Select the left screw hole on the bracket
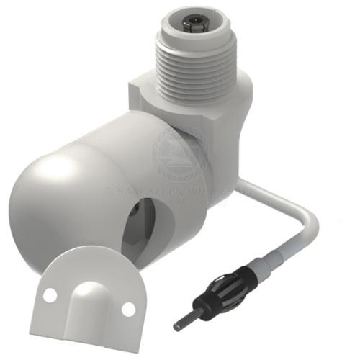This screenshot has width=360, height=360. point(50,295)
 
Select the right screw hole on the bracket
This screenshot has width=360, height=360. point(128,308)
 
